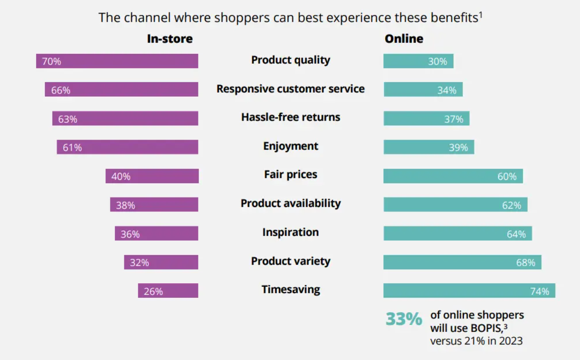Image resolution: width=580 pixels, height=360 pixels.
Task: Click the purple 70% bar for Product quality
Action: (117, 61)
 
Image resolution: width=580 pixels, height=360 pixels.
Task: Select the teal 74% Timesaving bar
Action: (469, 291)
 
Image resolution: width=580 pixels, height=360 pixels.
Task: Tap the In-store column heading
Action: (170, 39)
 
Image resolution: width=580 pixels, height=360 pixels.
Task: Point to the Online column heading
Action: (404, 39)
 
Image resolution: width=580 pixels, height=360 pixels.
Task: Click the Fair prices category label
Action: (291, 175)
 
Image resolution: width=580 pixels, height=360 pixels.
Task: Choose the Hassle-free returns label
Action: (291, 117)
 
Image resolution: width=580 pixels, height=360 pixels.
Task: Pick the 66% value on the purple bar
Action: (61, 90)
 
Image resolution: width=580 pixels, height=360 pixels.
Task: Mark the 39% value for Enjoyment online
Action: (458, 148)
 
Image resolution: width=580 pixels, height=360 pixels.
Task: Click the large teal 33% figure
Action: (403, 319)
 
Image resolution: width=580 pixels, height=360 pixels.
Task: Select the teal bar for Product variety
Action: (462, 262)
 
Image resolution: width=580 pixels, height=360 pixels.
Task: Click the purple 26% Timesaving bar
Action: (168, 291)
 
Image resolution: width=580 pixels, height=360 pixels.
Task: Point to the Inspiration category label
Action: (291, 233)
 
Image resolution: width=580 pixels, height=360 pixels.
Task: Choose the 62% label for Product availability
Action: (511, 206)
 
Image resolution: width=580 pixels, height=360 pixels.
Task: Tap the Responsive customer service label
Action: (291, 89)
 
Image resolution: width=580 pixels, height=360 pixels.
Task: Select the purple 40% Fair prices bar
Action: (152, 176)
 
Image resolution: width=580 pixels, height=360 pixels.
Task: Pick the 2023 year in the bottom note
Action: (511, 341)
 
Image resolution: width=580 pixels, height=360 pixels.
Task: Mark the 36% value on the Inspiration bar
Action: (130, 234)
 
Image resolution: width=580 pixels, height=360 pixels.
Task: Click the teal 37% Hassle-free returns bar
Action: (426, 119)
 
